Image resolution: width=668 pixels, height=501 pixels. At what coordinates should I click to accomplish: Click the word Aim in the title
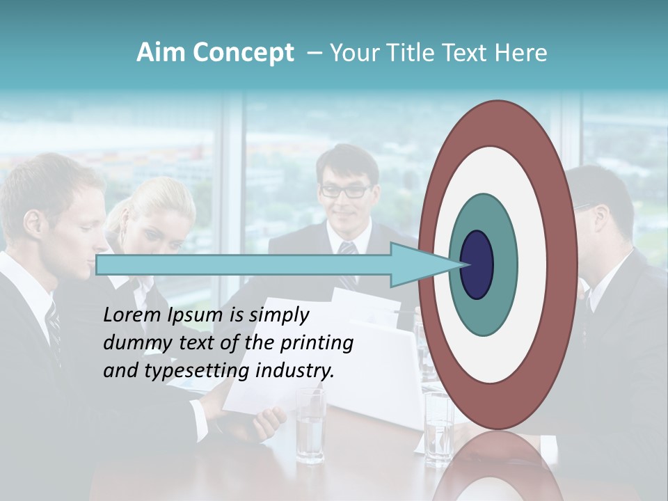161,53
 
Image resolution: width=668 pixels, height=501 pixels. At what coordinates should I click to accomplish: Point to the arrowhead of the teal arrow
424,265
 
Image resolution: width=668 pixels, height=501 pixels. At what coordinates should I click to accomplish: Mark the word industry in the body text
295,371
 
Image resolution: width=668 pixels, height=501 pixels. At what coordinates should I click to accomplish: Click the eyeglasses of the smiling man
345,189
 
